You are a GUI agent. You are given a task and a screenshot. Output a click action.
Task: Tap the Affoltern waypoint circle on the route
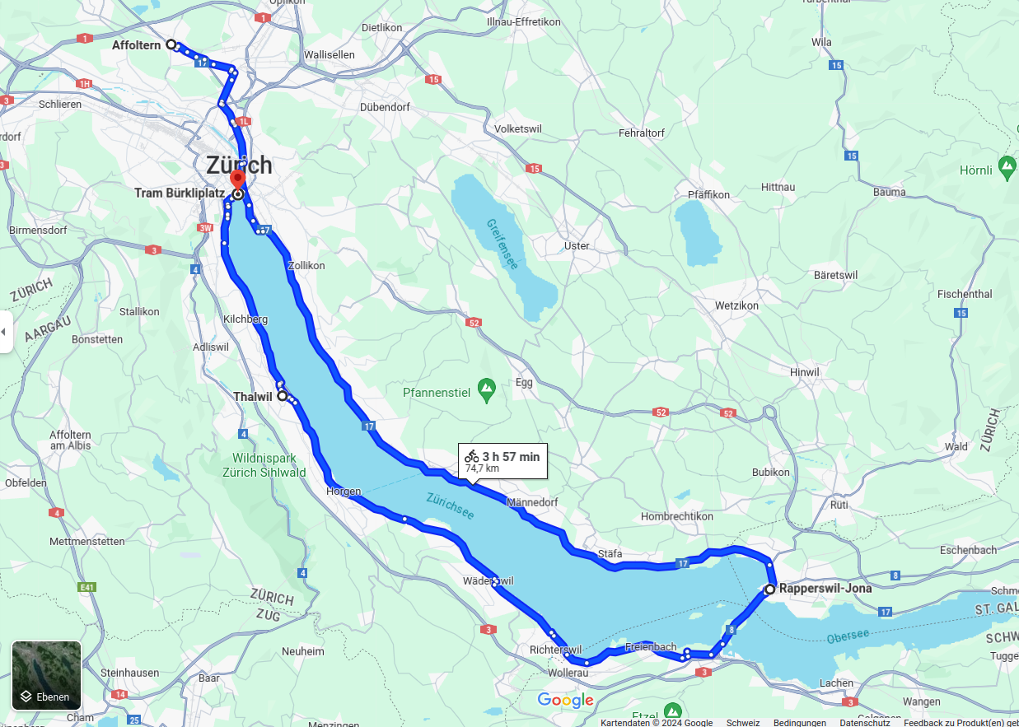tap(171, 44)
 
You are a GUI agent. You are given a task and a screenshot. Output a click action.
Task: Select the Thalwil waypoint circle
tap(283, 396)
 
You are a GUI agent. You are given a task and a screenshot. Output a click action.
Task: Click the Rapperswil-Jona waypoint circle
tap(769, 590)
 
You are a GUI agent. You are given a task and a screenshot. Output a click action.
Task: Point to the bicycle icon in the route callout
tap(471, 456)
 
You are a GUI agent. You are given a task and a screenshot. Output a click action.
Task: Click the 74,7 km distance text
tap(482, 468)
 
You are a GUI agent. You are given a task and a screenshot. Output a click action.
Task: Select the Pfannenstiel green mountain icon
tap(487, 386)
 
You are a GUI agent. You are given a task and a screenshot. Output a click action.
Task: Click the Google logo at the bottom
tap(565, 701)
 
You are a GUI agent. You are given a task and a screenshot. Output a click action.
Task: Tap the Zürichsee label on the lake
tap(450, 506)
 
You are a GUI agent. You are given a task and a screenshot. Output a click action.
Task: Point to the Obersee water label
tap(848, 636)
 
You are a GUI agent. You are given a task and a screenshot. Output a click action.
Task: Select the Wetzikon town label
tap(736, 305)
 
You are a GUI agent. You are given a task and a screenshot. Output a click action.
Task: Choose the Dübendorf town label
tap(385, 107)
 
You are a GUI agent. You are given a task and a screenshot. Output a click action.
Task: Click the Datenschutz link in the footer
tap(865, 722)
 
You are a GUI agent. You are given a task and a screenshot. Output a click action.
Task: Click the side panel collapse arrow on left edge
tap(4, 332)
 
